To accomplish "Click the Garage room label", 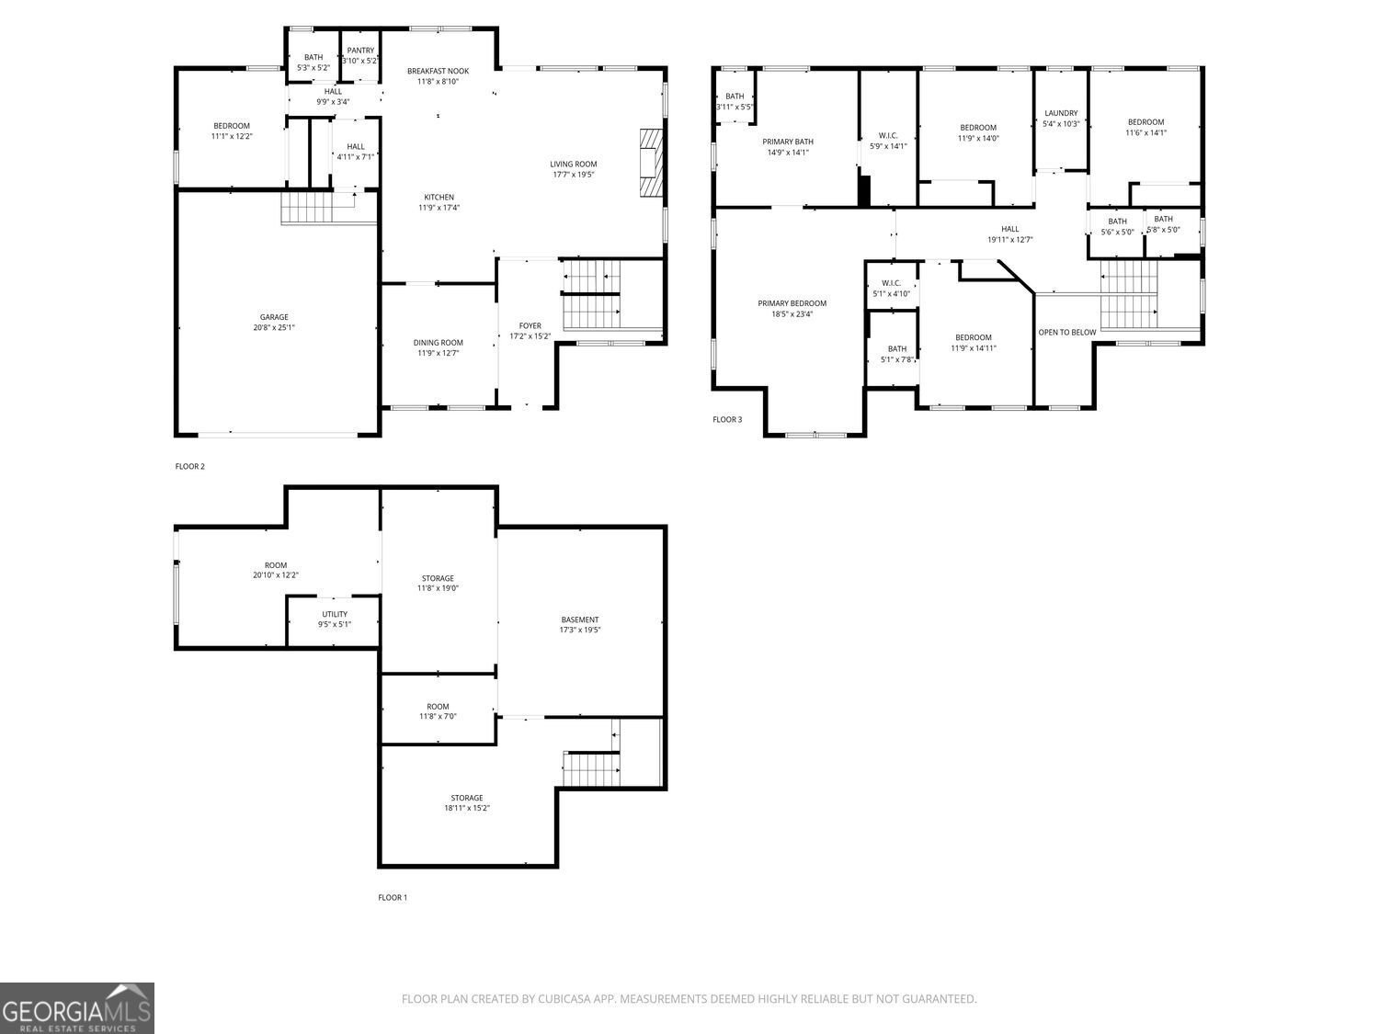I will click(274, 317).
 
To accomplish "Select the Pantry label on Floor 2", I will click(360, 51).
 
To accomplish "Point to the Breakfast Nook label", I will click(438, 71).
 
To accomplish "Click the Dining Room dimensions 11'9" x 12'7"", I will click(438, 353).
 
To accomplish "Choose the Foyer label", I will click(530, 325).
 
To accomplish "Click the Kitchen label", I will click(439, 198).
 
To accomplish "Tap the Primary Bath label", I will click(788, 142).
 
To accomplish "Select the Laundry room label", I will click(1061, 113).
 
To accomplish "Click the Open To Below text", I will click(1066, 332).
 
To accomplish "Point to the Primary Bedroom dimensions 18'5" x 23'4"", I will click(792, 314).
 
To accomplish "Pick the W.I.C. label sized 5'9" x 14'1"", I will click(888, 135).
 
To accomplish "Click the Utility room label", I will click(335, 614).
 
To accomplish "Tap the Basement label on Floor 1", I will click(579, 619).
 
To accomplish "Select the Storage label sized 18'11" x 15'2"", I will click(466, 798).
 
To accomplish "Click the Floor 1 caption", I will click(393, 897).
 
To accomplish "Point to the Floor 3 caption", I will click(726, 420).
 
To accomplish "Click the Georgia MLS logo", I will click(77, 1008).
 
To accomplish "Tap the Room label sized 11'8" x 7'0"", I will click(438, 707).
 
